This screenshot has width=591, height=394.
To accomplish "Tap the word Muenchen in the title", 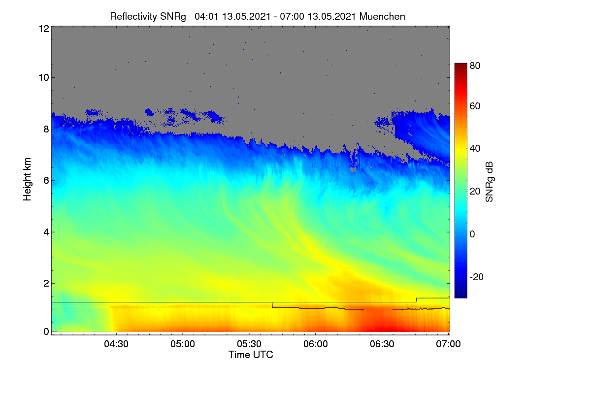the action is tap(382, 17).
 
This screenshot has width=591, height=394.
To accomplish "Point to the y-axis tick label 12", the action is tap(44, 29).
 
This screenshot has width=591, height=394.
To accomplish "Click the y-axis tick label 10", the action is tap(44, 78).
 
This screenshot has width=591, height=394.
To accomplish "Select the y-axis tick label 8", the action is tap(46, 129).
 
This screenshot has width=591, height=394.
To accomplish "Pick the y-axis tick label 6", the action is tap(46, 181).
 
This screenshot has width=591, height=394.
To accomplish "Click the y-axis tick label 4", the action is tap(46, 232).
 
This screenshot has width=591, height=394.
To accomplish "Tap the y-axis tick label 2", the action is tap(46, 283).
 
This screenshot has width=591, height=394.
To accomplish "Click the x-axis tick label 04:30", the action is tap(116, 344).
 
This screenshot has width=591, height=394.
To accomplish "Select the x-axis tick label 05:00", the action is tap(183, 344).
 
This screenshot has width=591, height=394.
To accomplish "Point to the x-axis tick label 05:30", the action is tap(249, 344).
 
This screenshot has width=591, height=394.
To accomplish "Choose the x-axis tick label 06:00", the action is tap(316, 344).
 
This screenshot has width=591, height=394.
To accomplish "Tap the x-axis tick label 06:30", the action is tap(382, 344).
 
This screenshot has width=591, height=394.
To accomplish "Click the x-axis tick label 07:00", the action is tap(448, 344).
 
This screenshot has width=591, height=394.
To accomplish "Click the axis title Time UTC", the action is tap(251, 355).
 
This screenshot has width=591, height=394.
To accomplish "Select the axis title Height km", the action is tap(27, 179).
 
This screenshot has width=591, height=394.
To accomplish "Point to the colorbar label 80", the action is tap(475, 66).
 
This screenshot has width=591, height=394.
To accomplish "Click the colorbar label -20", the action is tap(477, 277).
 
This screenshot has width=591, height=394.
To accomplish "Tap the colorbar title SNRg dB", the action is tap(489, 182).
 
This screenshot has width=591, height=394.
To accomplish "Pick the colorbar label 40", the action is tap(475, 149).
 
